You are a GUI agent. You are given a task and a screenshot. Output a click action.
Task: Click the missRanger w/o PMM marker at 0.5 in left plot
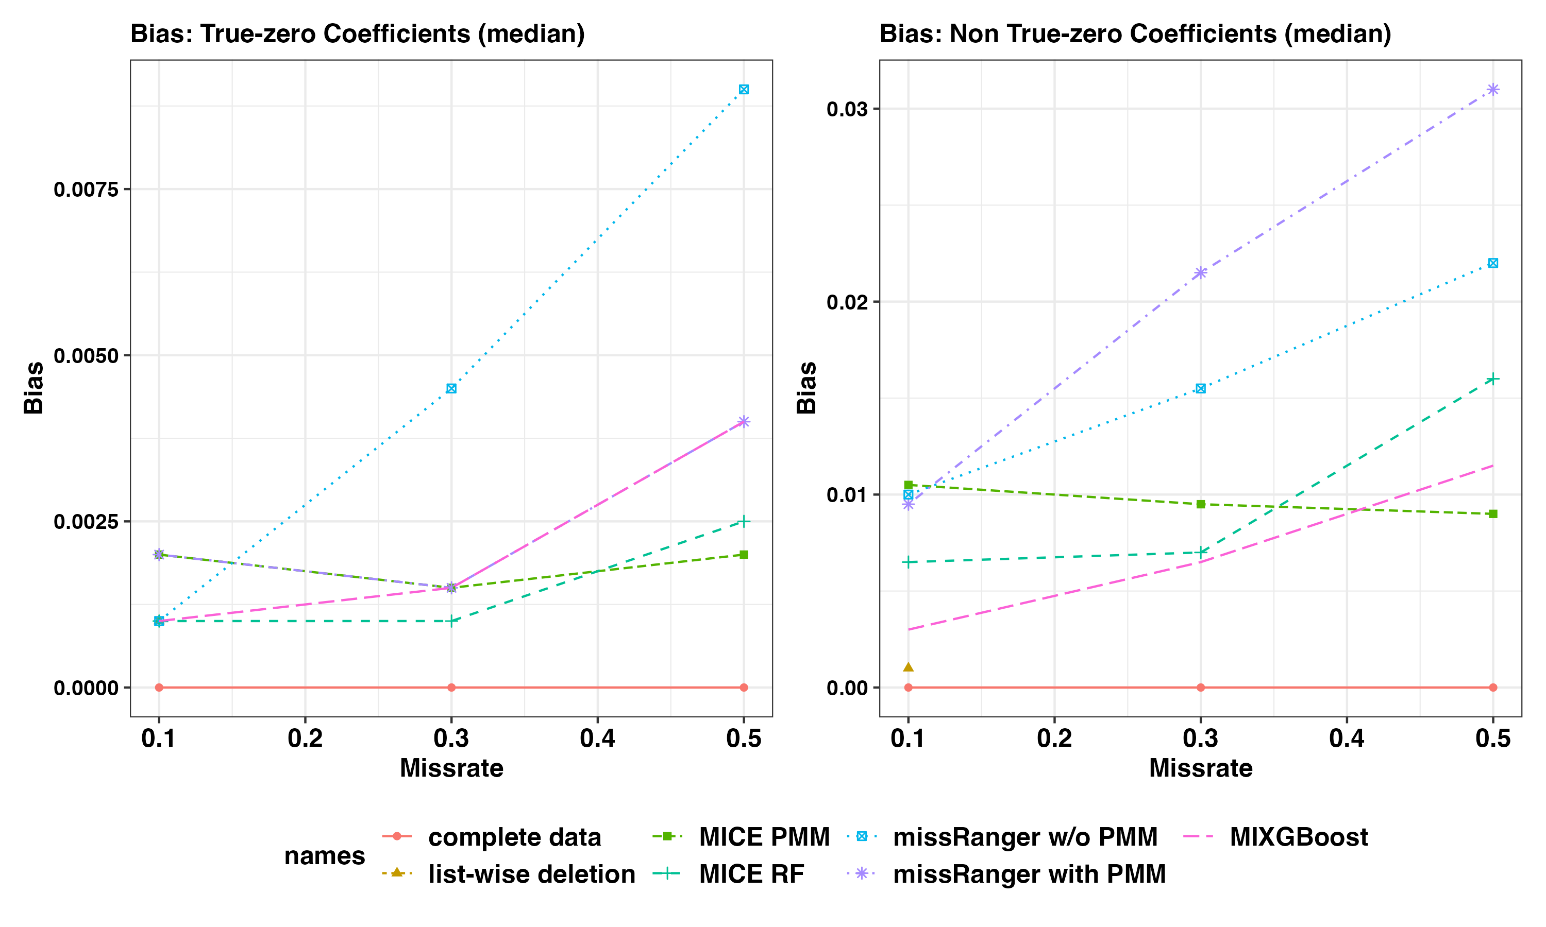(744, 89)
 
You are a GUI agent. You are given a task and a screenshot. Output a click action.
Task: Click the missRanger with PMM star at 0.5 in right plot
(1493, 89)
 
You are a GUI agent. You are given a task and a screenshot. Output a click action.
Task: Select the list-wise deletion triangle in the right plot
(908, 667)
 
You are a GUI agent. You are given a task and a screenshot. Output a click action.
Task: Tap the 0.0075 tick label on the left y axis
(86, 190)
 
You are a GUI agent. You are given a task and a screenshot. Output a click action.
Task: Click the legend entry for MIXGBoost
(1298, 837)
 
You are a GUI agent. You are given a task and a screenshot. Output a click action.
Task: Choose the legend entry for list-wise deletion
(531, 874)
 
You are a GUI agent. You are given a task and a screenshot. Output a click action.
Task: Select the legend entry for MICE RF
(751, 874)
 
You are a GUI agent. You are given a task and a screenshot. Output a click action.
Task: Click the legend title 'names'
(324, 856)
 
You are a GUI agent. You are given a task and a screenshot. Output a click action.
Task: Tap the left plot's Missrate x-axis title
(451, 768)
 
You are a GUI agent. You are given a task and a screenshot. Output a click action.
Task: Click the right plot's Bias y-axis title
(806, 387)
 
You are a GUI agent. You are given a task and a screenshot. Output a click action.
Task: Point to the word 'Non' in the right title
(974, 33)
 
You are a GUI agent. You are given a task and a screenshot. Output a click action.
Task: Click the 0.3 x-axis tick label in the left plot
(451, 739)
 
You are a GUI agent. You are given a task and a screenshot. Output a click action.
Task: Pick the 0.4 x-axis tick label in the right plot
(1347, 739)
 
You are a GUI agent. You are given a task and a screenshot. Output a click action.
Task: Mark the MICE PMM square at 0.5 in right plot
(1493, 513)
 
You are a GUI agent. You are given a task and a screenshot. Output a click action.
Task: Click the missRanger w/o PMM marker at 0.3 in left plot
(451, 388)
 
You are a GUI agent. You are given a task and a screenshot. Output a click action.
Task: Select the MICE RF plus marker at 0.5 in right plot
(1493, 379)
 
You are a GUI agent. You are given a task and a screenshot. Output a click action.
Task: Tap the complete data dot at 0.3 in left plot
(451, 687)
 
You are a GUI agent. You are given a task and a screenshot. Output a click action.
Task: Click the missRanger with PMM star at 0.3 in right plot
(1200, 273)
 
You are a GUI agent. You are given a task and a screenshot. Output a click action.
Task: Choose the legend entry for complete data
(514, 837)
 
